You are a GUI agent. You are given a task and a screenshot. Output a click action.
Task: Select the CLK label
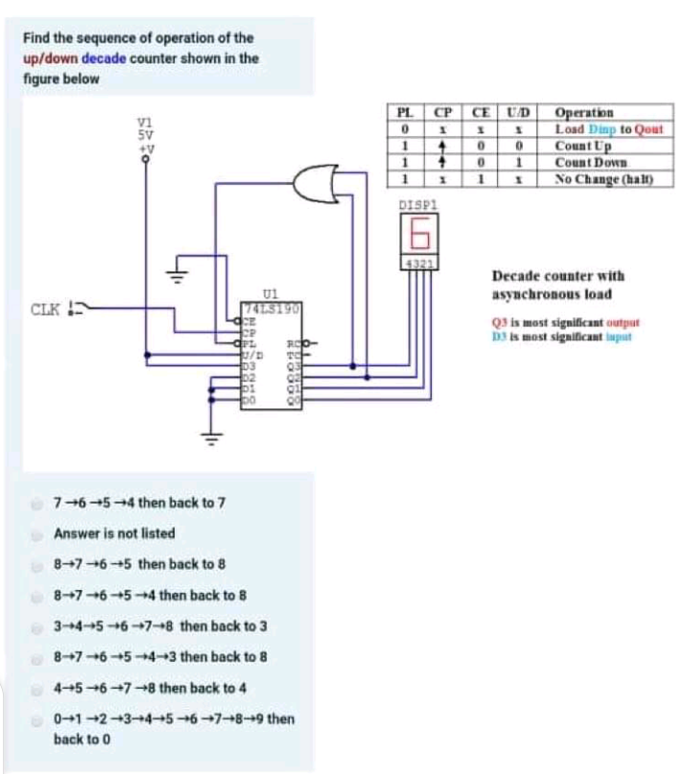pyautogui.click(x=46, y=309)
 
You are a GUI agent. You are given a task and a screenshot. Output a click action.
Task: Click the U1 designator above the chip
pyautogui.click(x=270, y=294)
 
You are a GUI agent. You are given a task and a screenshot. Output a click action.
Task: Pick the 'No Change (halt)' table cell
pyautogui.click(x=601, y=178)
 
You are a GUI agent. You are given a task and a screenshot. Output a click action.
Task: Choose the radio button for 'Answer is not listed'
pyautogui.click(x=36, y=533)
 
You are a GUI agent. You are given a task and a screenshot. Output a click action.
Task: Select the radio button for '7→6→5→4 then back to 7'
pyautogui.click(x=36, y=502)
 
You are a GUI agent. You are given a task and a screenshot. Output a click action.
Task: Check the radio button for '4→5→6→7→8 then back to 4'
pyautogui.click(x=36, y=688)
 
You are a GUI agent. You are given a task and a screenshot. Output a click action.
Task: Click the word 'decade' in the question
pyautogui.click(x=99, y=58)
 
